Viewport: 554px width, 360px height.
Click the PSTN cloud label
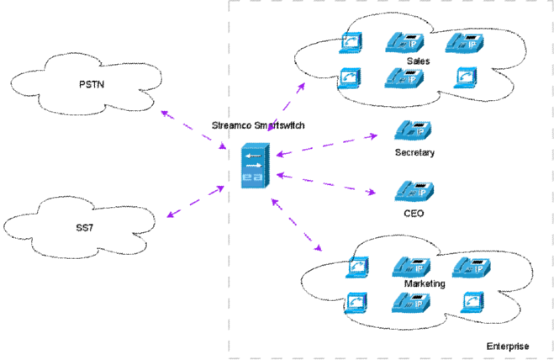92,84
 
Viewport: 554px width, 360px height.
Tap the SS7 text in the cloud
85,227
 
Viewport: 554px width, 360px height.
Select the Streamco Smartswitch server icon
255,166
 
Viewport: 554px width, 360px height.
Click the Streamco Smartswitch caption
258,125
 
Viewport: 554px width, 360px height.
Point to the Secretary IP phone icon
413,130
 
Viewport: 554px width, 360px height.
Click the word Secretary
414,152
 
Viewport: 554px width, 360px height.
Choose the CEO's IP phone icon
414,191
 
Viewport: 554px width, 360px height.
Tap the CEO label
414,214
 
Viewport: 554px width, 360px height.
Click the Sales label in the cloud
418,61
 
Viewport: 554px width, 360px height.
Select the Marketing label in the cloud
425,283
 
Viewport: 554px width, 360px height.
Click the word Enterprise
508,347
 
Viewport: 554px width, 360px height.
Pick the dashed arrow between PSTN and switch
193,130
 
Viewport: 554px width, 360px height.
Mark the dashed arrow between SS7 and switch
195,201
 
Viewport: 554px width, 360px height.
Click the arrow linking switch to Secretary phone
327,145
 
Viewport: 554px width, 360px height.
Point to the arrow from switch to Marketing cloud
297,225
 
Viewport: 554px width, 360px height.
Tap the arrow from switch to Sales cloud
286,107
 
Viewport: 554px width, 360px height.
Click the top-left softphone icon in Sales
351,43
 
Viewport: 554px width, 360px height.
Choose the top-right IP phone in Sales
464,43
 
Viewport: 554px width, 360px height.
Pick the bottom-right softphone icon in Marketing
472,302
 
